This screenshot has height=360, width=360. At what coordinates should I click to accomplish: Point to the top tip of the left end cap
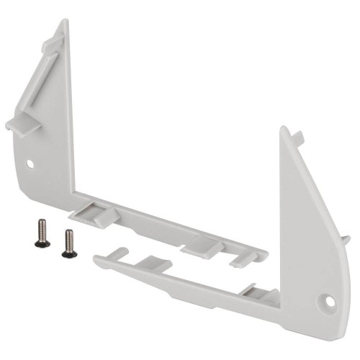[x=65, y=22]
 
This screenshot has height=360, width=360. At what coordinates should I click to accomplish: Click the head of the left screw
[x=42, y=243]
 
